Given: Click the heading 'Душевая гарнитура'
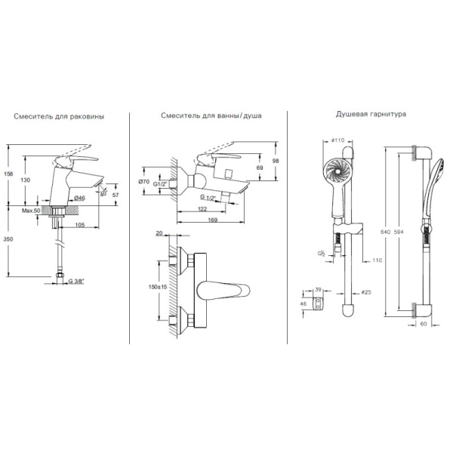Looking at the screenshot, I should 371,114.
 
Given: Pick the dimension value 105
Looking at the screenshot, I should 80,224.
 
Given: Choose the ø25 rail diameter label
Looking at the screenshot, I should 368,292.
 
